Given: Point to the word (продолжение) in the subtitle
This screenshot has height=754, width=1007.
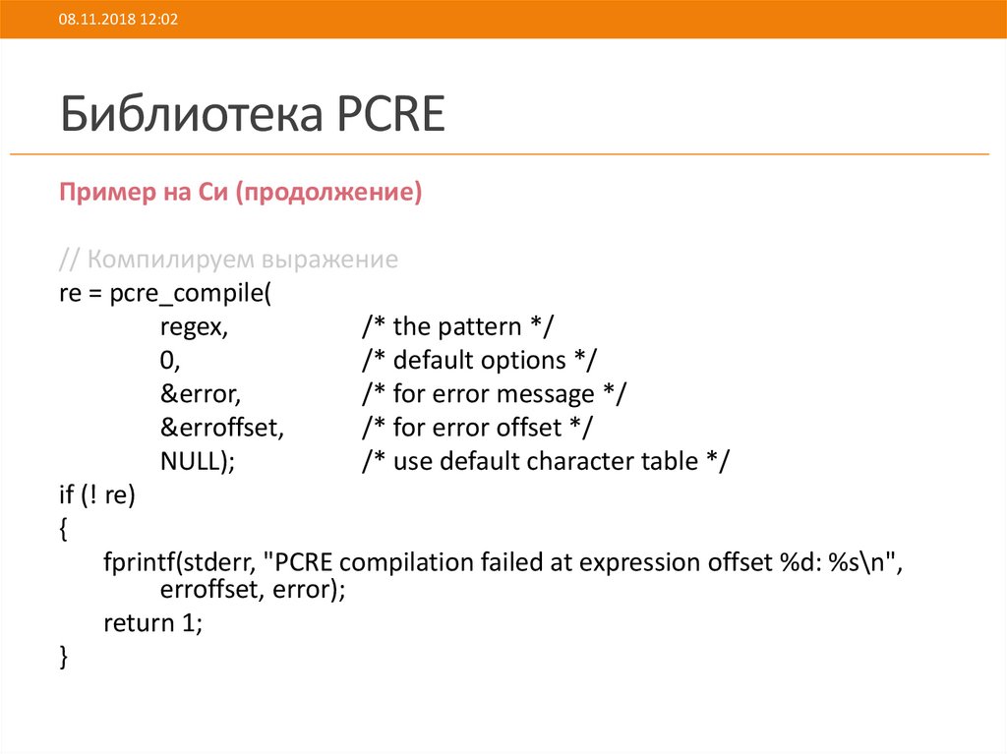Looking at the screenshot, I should click(x=328, y=193).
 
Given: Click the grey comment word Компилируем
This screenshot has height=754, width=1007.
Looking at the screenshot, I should click(x=171, y=261).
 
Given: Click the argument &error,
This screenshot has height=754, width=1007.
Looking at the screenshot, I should click(x=201, y=394).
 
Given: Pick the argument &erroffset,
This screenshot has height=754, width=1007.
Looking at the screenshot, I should click(x=222, y=428).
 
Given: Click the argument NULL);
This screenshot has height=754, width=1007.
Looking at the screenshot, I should click(x=197, y=461).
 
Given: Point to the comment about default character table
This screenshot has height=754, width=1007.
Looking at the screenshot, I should click(x=546, y=461).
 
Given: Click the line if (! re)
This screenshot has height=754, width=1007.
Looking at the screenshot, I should click(x=96, y=494).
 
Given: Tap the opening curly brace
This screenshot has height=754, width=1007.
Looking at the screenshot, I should click(x=64, y=529).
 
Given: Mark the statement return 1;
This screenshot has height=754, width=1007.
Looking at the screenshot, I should click(x=152, y=624).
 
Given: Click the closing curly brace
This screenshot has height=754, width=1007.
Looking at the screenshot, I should click(x=64, y=657).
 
